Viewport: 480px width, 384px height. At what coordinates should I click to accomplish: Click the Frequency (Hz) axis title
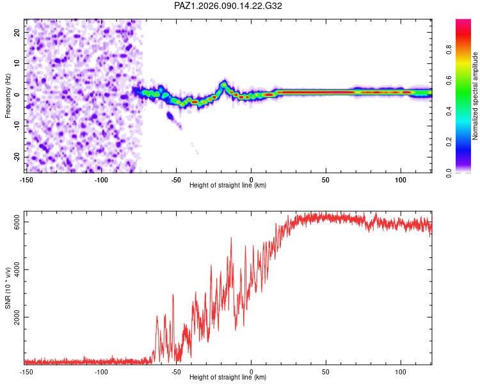tap(8, 96)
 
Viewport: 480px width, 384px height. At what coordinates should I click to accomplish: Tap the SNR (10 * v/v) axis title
tap(8, 290)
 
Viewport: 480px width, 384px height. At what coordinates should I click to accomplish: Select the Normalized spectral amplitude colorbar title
tap(475, 96)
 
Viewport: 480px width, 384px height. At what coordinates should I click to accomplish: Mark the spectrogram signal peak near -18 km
tap(223, 83)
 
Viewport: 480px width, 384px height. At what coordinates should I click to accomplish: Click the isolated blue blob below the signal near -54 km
tap(170, 116)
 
